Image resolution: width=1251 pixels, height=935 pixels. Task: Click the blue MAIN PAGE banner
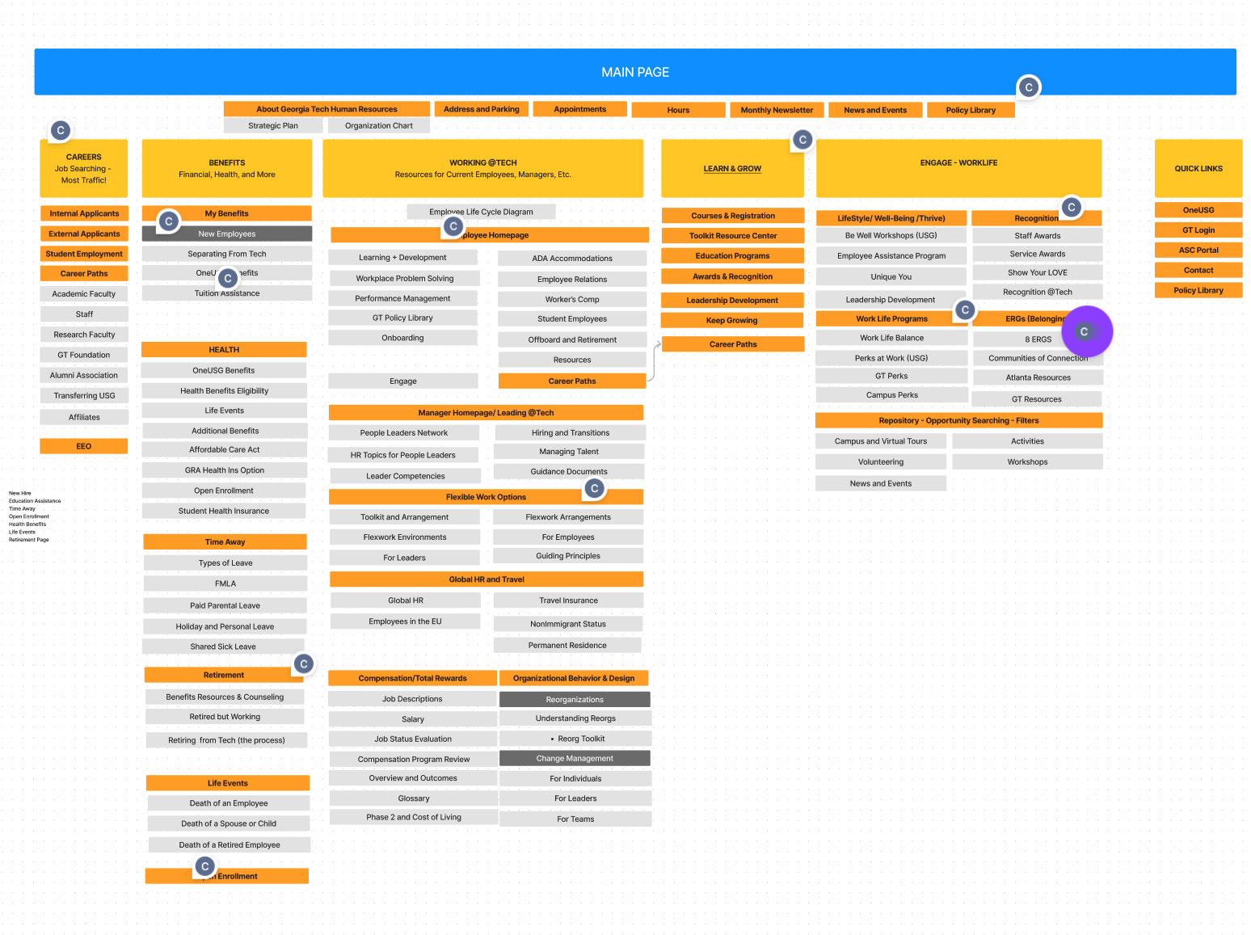[x=634, y=72]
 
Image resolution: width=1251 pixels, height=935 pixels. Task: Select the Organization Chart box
[x=378, y=125]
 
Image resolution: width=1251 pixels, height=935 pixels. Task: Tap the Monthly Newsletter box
[x=777, y=110]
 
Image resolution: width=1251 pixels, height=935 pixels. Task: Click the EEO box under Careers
[x=84, y=446]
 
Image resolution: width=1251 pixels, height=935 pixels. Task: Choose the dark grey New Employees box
[x=227, y=234]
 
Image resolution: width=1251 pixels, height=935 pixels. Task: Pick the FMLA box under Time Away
[x=225, y=583]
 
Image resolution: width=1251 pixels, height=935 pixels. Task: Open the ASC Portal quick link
[x=1198, y=250]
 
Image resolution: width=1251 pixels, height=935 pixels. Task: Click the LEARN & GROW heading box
[x=732, y=168]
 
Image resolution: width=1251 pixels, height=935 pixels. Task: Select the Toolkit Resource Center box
[x=733, y=236]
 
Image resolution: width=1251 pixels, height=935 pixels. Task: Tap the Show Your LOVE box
[x=1037, y=272]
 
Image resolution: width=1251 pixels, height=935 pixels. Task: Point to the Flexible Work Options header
[x=486, y=497]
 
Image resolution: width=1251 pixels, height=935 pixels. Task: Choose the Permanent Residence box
[x=567, y=645]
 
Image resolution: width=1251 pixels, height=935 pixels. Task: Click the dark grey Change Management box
[x=575, y=758]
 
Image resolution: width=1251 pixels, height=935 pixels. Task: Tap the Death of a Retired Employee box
[x=230, y=844]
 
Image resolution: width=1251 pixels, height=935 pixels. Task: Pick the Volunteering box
[x=881, y=461]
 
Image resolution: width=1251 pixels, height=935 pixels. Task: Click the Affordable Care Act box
[x=225, y=449]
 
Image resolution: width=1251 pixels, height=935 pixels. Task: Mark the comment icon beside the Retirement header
[x=304, y=664]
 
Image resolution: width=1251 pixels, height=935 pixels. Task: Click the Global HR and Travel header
[x=486, y=579]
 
